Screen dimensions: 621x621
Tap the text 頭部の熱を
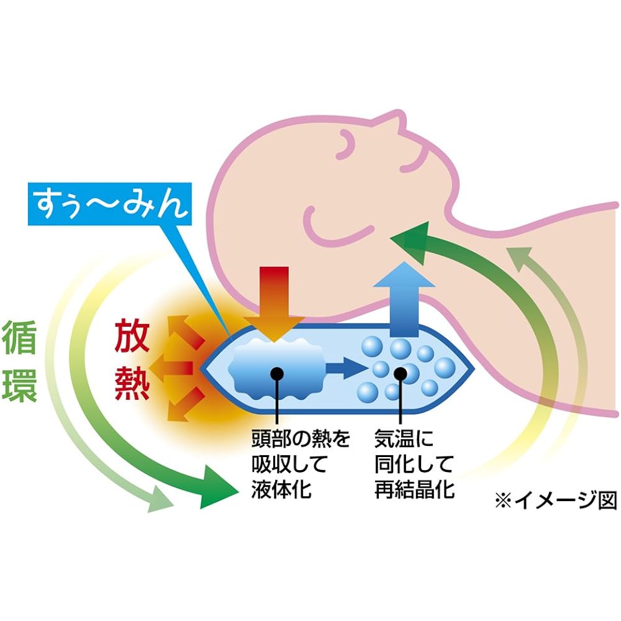[x=301, y=439]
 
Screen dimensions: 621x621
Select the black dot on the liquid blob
[x=276, y=373]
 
